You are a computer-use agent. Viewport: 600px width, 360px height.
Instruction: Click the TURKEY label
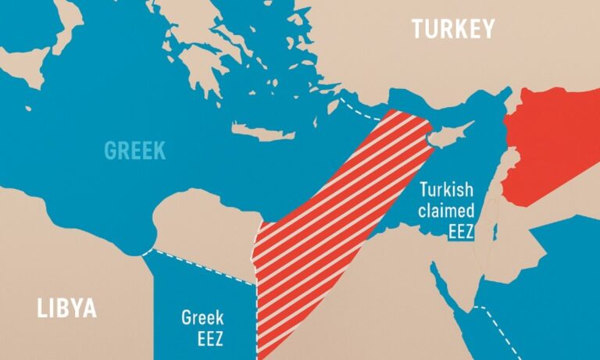coord(453,30)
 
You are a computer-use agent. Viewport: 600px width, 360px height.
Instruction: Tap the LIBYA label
coord(67,308)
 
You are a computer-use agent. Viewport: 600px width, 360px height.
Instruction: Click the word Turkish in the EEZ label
coord(448,190)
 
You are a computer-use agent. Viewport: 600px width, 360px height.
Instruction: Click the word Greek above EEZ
coord(202,318)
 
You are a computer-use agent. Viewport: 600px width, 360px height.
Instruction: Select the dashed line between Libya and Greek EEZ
coord(199,262)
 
